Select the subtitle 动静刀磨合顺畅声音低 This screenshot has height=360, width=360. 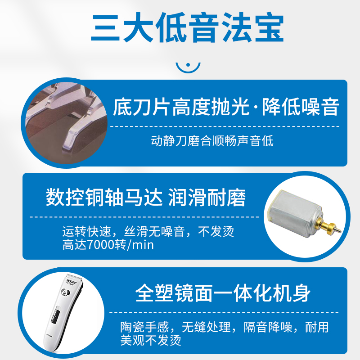point(212,141)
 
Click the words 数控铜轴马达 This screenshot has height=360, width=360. point(104,198)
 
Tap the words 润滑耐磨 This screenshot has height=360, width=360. point(207,198)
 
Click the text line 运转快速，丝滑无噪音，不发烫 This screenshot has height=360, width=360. point(148,232)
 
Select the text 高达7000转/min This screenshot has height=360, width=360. point(108,245)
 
